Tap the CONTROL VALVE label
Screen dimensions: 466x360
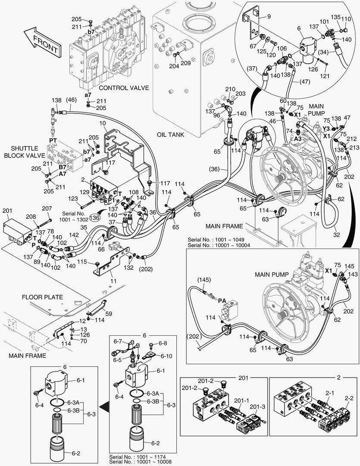[x=124, y=88]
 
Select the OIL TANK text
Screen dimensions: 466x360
[x=170, y=135]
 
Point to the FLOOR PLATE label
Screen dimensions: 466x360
[x=43, y=297]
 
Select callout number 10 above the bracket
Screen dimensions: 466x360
[x=103, y=124]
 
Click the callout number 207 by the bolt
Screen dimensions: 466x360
[x=47, y=209]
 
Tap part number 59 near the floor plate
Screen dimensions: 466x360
[x=109, y=314]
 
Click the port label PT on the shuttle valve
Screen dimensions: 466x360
[x=53, y=141]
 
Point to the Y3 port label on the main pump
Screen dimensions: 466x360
[x=327, y=129]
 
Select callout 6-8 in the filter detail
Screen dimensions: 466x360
[x=163, y=343]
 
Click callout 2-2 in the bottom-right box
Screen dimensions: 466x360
[x=349, y=398]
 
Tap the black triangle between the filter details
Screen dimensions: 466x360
[x=103, y=406]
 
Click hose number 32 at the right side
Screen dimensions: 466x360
[x=337, y=236]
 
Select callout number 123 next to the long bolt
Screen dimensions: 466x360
[x=73, y=198]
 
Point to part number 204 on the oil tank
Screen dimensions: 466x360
[x=173, y=66]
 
